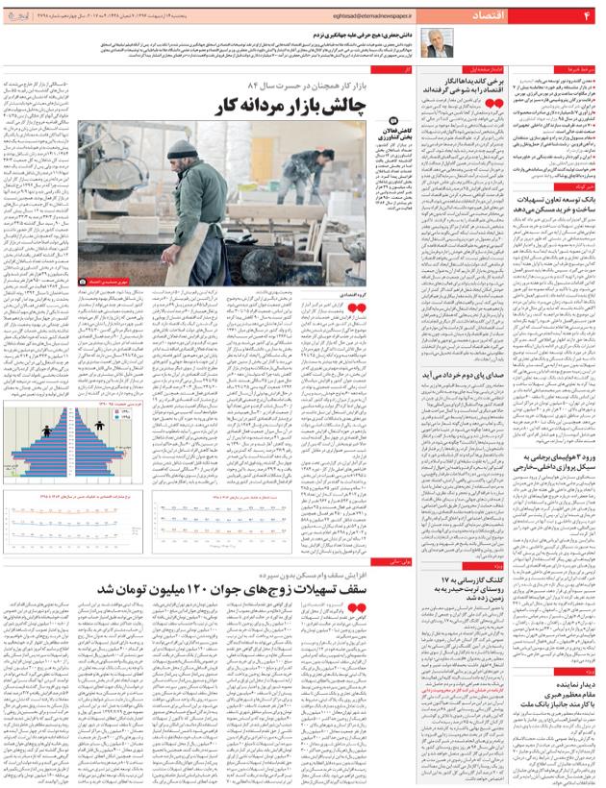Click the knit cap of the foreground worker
184,140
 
